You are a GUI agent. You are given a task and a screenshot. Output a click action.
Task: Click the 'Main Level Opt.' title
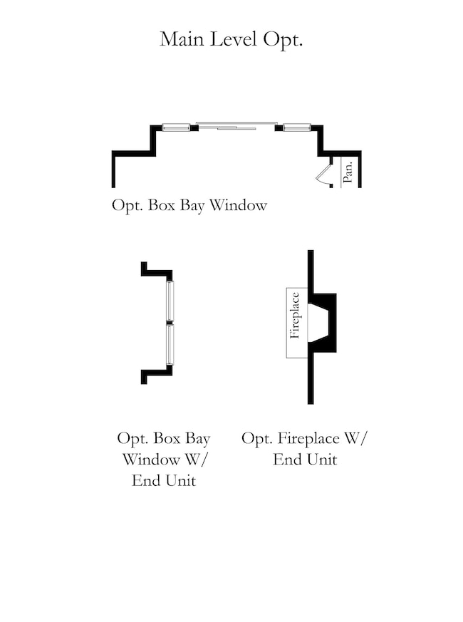231,40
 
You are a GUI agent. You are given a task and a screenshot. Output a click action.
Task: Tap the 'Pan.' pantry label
348,172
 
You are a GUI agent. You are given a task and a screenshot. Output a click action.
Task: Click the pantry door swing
323,175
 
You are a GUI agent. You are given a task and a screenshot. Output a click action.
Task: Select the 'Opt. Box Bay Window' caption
189,205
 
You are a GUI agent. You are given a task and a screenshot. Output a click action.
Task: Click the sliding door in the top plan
236,125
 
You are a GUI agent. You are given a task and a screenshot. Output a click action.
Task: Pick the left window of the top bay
176,128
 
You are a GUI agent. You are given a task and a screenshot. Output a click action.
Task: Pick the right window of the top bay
296,128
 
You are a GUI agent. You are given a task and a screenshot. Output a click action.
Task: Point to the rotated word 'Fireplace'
294,316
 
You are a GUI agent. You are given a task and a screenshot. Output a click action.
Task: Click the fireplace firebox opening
318,323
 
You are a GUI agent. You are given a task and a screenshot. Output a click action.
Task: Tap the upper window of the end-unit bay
170,301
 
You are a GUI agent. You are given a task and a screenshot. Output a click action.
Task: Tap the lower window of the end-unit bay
170,344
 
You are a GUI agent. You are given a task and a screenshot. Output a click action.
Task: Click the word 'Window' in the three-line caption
151,460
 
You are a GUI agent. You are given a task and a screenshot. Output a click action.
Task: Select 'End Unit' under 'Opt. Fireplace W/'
305,460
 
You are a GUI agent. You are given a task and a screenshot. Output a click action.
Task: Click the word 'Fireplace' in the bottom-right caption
308,439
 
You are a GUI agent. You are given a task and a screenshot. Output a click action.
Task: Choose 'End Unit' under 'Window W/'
164,481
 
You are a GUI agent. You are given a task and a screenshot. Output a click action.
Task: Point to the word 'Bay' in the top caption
192,206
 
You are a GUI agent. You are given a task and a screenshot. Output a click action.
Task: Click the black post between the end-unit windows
170,323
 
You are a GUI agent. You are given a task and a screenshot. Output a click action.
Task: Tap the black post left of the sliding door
194,128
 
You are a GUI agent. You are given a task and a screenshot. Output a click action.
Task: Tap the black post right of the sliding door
279,128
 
